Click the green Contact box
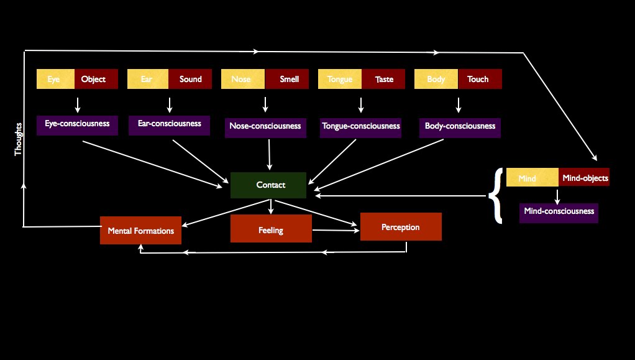point(268,185)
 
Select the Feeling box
point(271,229)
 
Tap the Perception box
point(401,227)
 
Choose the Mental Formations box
point(140,231)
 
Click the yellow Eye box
point(55,79)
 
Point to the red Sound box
point(190,79)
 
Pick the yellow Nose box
point(242,79)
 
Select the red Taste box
point(384,79)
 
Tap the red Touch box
point(478,79)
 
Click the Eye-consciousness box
point(77,124)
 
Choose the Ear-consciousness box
point(169,124)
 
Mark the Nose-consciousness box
point(265,126)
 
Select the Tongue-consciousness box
point(360,126)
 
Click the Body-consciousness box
point(460,126)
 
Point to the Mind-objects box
point(584,178)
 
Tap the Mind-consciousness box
point(559,212)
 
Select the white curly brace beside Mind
point(495,195)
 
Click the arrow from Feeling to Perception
point(336,230)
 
